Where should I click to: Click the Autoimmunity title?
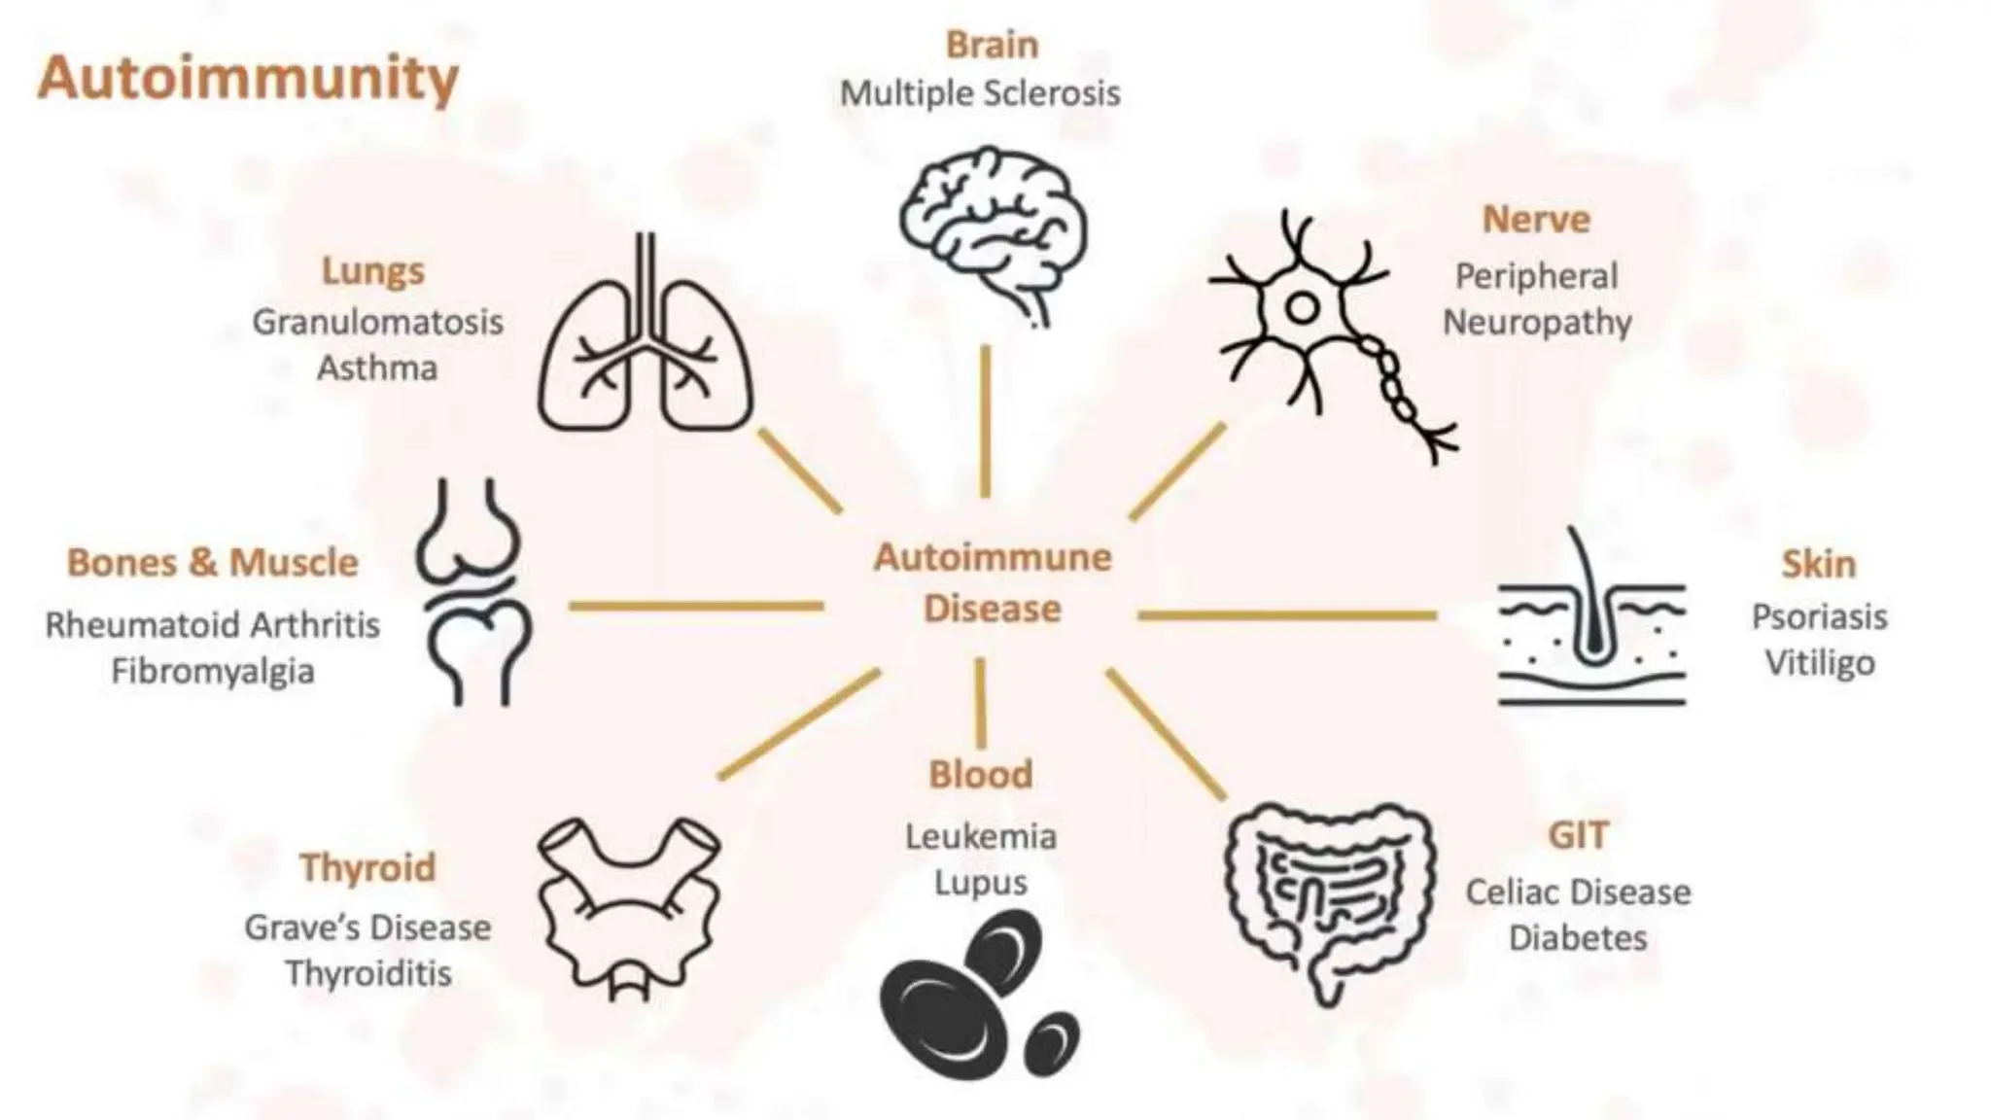248,78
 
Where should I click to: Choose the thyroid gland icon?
629,905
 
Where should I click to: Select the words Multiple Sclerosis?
980,94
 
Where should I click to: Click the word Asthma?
377,368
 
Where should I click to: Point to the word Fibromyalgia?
213,671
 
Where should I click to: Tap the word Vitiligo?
1820,664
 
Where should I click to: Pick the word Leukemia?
980,836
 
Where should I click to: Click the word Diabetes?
1578,938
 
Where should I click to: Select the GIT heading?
1578,835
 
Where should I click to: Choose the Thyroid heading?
367,867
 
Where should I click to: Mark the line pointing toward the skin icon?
1286,614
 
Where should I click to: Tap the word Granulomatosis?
377,322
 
